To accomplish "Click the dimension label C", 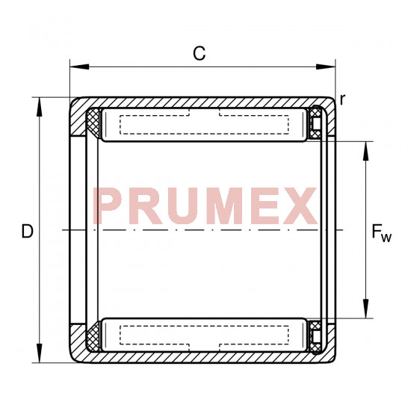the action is (x=200, y=53).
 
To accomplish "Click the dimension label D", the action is (x=27, y=231).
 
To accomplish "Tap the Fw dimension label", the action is (x=381, y=232).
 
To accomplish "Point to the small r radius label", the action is (x=342, y=100).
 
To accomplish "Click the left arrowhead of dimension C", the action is (x=79, y=67).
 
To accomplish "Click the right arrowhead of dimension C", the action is (x=326, y=67).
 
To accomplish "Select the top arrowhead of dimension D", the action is (x=40, y=107).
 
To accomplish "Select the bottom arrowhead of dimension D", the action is (x=40, y=353).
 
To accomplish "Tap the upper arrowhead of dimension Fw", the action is (x=365, y=151).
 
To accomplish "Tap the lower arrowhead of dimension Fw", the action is (x=365, y=309).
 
